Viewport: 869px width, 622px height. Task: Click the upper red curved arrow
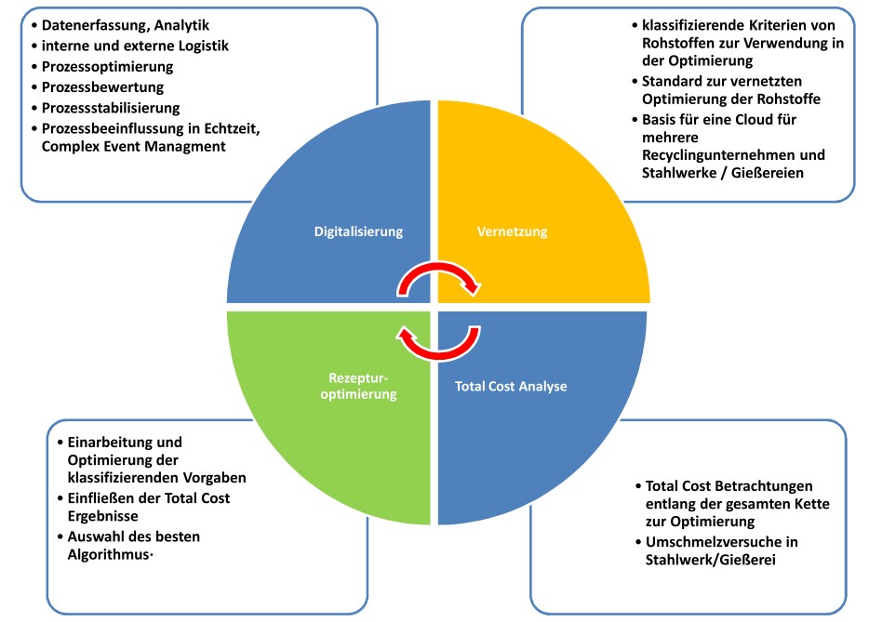point(434,276)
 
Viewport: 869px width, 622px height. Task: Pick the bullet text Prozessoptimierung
point(108,68)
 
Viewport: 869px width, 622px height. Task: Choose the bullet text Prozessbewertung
point(103,87)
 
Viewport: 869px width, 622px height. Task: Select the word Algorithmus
point(105,555)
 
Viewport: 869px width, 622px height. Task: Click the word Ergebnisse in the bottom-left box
point(104,516)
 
